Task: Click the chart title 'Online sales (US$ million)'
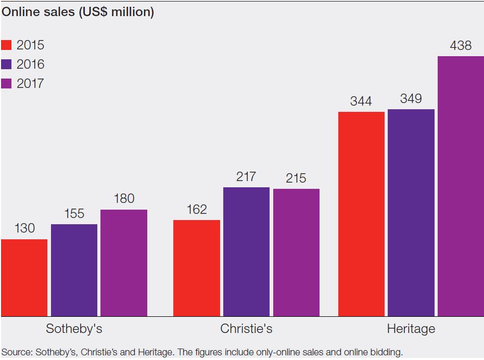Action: click(78, 12)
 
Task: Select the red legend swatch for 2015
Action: click(6, 45)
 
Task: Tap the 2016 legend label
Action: click(30, 64)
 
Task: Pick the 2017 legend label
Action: click(30, 83)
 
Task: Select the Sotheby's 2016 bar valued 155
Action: click(74, 270)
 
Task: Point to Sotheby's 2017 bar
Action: click(124, 263)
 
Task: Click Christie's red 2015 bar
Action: click(196, 268)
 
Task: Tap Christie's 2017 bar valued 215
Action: click(296, 252)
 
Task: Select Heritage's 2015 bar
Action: click(361, 214)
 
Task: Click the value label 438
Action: click(461, 46)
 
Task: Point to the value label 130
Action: click(24, 228)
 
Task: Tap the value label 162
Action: click(196, 210)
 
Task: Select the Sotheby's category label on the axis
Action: click(74, 329)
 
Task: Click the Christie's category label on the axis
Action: click(246, 329)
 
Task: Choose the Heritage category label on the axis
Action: click(411, 329)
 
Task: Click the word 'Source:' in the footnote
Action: click(17, 352)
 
